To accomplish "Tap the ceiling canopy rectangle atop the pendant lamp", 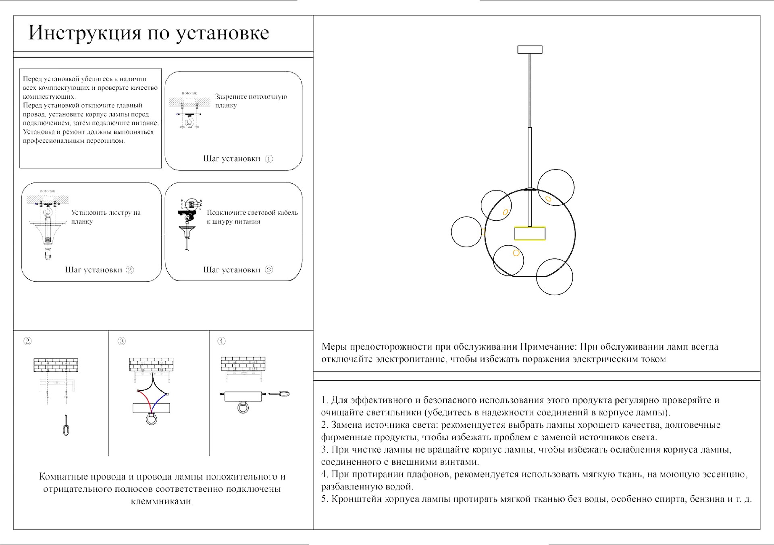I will tap(530, 50).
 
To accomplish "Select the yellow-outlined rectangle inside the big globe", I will tap(530, 234).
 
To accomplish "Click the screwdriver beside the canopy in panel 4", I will tap(279, 394).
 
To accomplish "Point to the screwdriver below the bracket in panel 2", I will tap(65, 426).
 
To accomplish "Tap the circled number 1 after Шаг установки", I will tap(269, 159).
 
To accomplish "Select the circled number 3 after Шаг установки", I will tap(269, 270).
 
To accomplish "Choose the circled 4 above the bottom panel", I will tap(221, 341).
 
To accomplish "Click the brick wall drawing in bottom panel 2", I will tap(56, 365).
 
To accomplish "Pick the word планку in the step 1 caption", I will tap(226, 106).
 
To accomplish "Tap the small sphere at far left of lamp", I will tap(466, 232).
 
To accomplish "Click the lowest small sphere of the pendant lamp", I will tap(554, 277).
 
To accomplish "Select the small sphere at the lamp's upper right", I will tap(556, 187).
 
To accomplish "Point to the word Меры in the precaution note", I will tap(334, 347).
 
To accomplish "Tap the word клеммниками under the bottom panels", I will tap(162, 501).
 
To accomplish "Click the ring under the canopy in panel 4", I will tap(243, 408).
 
